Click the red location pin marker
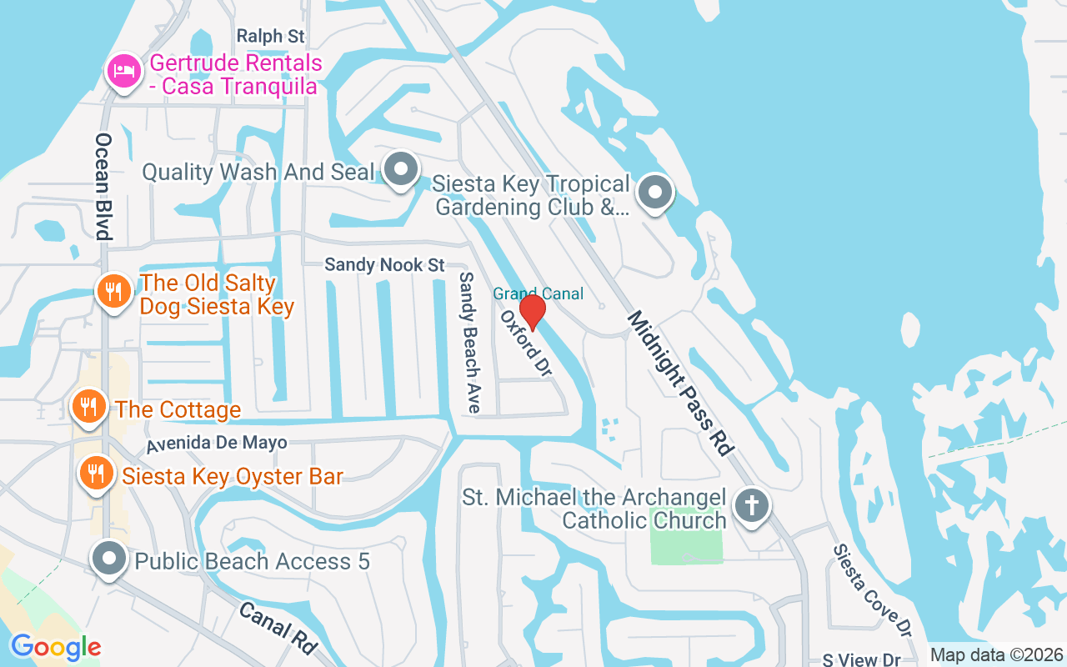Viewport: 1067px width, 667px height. click(x=532, y=312)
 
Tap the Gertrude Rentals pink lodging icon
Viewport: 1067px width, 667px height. click(x=123, y=71)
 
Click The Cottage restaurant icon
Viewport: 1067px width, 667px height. click(x=88, y=406)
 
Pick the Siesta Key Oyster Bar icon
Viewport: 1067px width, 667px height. click(x=96, y=473)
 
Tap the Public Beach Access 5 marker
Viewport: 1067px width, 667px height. click(x=109, y=559)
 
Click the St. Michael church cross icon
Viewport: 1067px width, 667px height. click(x=751, y=505)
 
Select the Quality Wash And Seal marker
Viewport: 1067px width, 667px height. click(x=402, y=169)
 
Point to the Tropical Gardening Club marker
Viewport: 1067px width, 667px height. click(x=655, y=193)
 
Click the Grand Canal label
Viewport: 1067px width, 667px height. click(x=538, y=293)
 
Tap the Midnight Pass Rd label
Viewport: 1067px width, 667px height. click(x=679, y=383)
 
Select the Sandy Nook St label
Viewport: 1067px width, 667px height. click(x=384, y=265)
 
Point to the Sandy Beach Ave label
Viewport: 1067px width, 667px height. click(x=469, y=342)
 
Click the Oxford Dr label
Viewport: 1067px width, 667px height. click(x=526, y=344)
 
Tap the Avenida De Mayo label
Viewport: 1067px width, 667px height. click(x=216, y=444)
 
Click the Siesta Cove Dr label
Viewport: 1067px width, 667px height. click(x=866, y=587)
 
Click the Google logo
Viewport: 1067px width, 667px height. click(x=56, y=647)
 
